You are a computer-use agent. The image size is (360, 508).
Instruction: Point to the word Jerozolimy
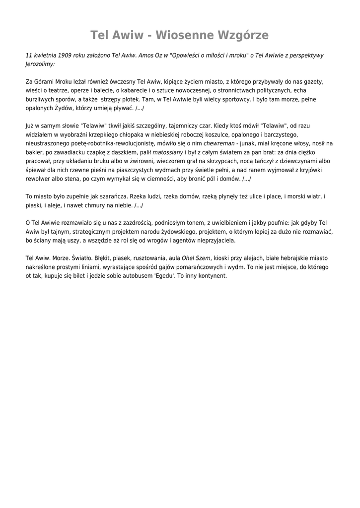pyautogui.click(x=40, y=64)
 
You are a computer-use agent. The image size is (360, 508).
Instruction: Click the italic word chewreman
pyautogui.click(x=219, y=143)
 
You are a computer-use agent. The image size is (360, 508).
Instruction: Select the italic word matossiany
pyautogui.click(x=168, y=152)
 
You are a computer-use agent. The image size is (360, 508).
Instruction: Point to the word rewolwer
pyautogui.click(x=39, y=179)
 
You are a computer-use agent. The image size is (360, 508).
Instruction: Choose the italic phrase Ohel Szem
pyautogui.click(x=196, y=258)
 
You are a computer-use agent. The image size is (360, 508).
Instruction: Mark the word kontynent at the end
pyautogui.click(x=212, y=276)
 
